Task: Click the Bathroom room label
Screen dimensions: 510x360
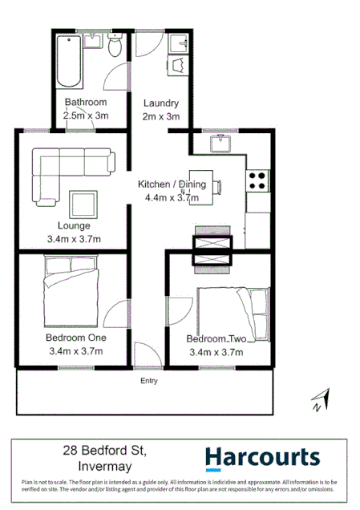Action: click(x=86, y=103)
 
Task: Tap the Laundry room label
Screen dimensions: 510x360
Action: click(x=160, y=103)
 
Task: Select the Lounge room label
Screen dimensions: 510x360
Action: click(x=75, y=225)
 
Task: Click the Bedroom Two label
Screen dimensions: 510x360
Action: click(x=216, y=338)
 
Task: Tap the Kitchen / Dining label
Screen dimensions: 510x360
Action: click(x=172, y=184)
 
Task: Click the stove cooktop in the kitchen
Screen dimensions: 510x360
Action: click(x=257, y=180)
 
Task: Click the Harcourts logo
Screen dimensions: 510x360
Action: click(x=262, y=458)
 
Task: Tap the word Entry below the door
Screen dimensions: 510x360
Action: click(x=149, y=380)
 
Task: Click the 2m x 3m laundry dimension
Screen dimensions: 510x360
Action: click(x=160, y=116)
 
